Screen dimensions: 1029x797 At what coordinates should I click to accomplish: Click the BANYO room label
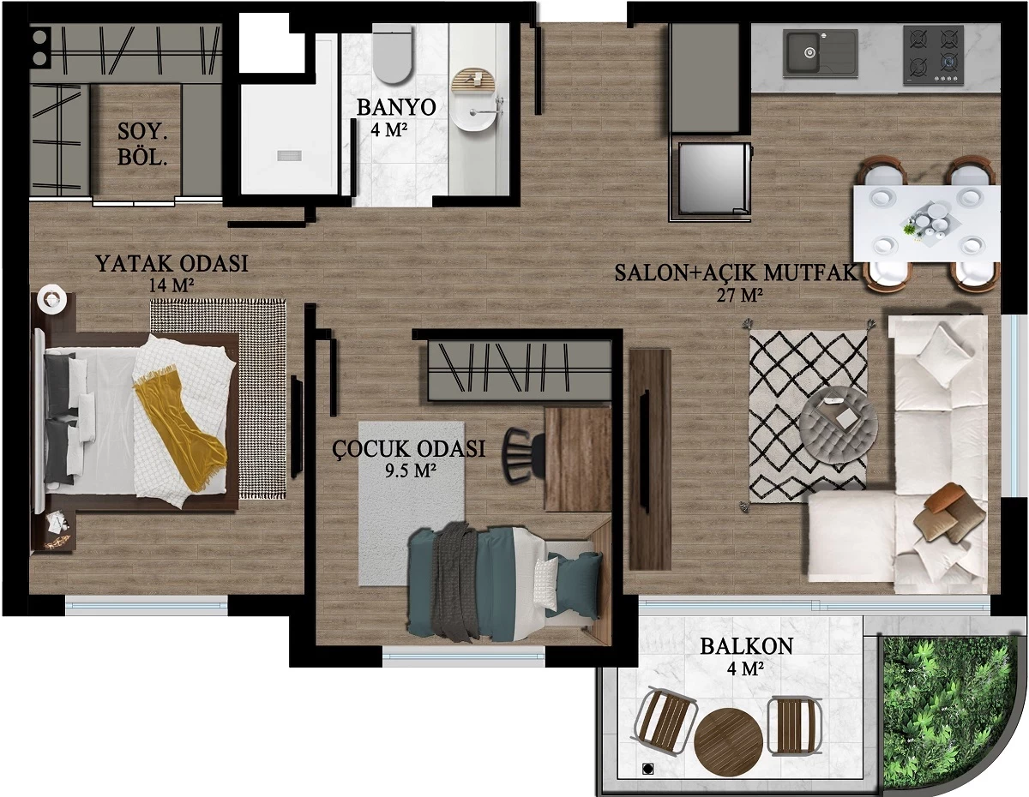[x=396, y=107]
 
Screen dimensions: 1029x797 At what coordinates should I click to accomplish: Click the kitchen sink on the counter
[x=820, y=52]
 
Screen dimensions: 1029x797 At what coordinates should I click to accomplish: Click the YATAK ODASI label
[x=171, y=264]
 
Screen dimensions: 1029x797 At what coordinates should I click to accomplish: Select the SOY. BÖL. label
[x=142, y=144]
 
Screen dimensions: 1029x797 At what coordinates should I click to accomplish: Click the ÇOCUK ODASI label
[x=409, y=448]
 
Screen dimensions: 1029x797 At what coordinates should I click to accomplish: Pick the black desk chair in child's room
[x=523, y=454]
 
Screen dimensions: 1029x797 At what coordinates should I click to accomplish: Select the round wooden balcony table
[x=728, y=748]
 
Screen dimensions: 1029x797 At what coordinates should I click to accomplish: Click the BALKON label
[x=746, y=646]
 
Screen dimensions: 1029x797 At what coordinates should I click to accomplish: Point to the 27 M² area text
[x=740, y=296]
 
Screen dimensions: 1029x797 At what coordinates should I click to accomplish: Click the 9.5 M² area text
[x=410, y=470]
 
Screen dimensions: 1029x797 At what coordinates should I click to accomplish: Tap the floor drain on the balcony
[x=647, y=769]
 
